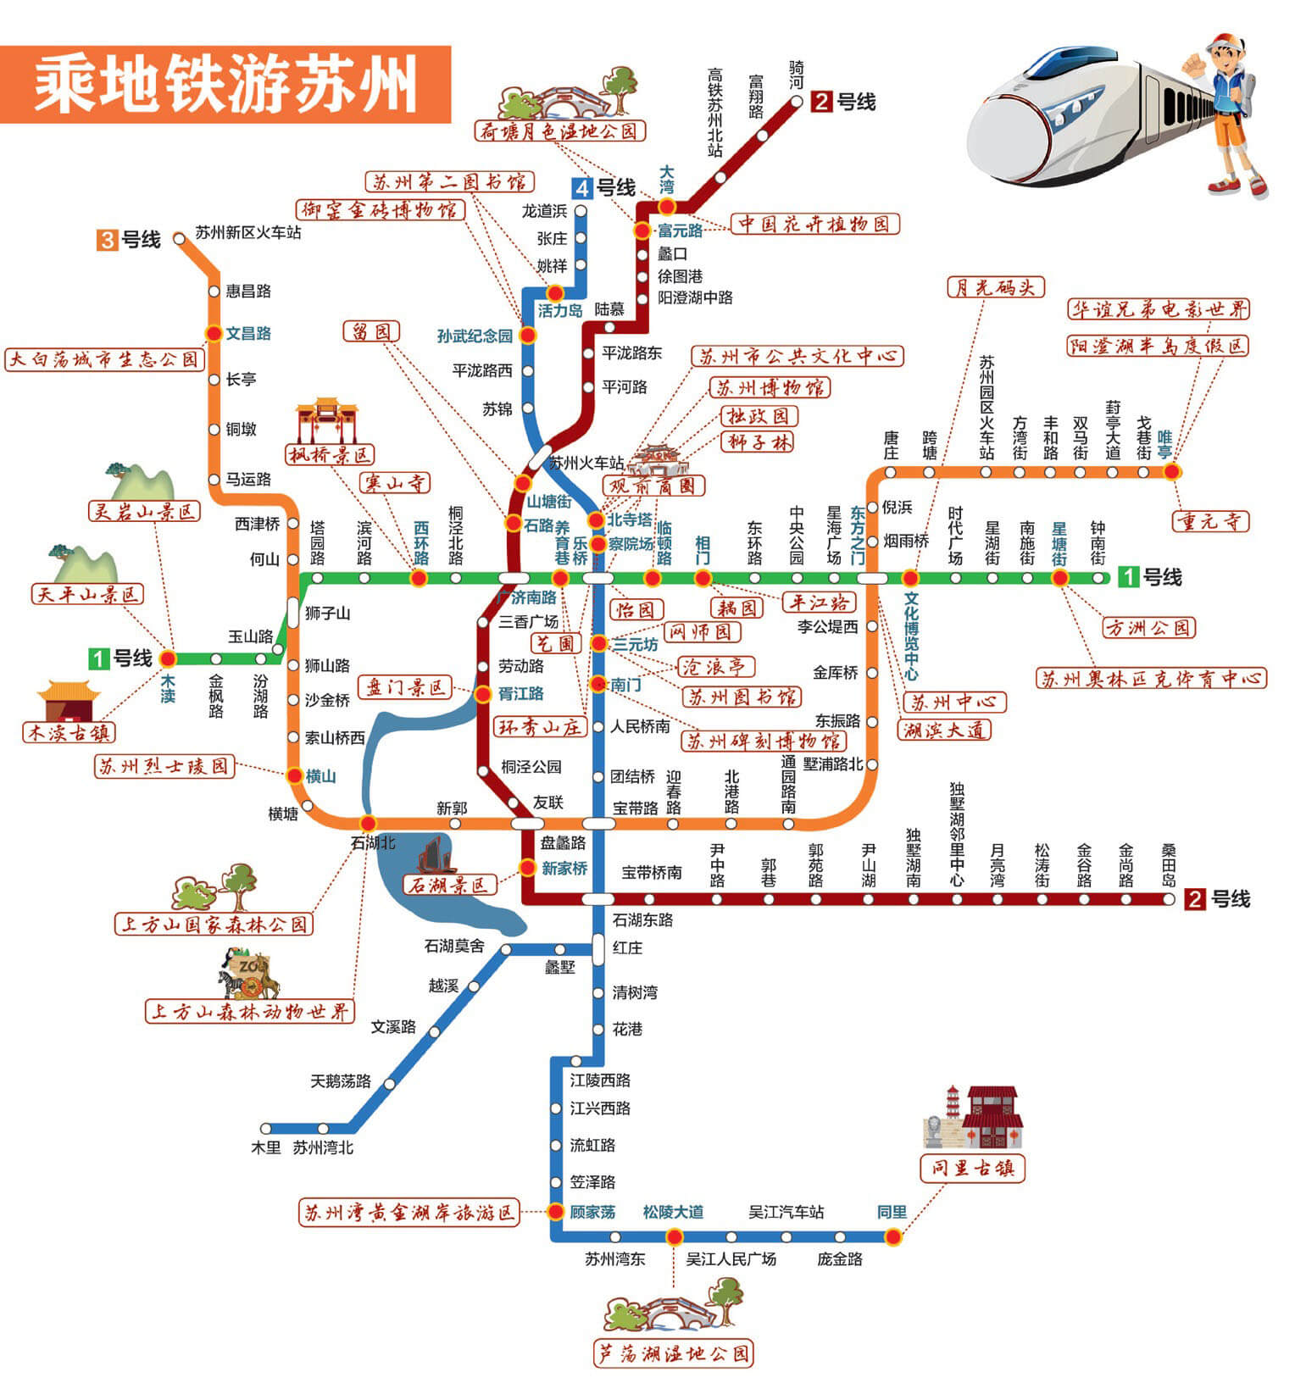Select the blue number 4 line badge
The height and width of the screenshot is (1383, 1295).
pyautogui.click(x=581, y=188)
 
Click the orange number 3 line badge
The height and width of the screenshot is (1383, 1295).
pyautogui.click(x=108, y=240)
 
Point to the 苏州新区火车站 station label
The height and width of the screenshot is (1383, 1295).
pyautogui.click(x=248, y=232)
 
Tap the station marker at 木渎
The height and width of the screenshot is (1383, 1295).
pyautogui.click(x=168, y=658)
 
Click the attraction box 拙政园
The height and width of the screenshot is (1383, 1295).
pyautogui.click(x=759, y=416)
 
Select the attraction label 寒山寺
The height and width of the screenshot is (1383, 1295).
pyautogui.click(x=395, y=483)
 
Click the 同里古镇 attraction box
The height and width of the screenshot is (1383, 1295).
pyautogui.click(x=973, y=1168)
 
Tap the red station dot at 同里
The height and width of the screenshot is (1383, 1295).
pyautogui.click(x=892, y=1236)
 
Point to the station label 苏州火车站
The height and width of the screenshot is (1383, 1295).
pyautogui.click(x=586, y=463)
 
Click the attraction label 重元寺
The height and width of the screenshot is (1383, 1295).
pyautogui.click(x=1211, y=520)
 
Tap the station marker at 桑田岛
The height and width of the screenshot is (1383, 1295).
pyautogui.click(x=1169, y=899)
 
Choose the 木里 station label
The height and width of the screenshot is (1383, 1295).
pyautogui.click(x=265, y=1147)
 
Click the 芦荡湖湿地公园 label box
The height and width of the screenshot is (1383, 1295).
pyautogui.click(x=674, y=1353)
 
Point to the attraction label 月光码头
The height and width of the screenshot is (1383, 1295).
pyautogui.click(x=996, y=287)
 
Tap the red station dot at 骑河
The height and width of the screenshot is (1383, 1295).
pyautogui.click(x=797, y=101)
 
